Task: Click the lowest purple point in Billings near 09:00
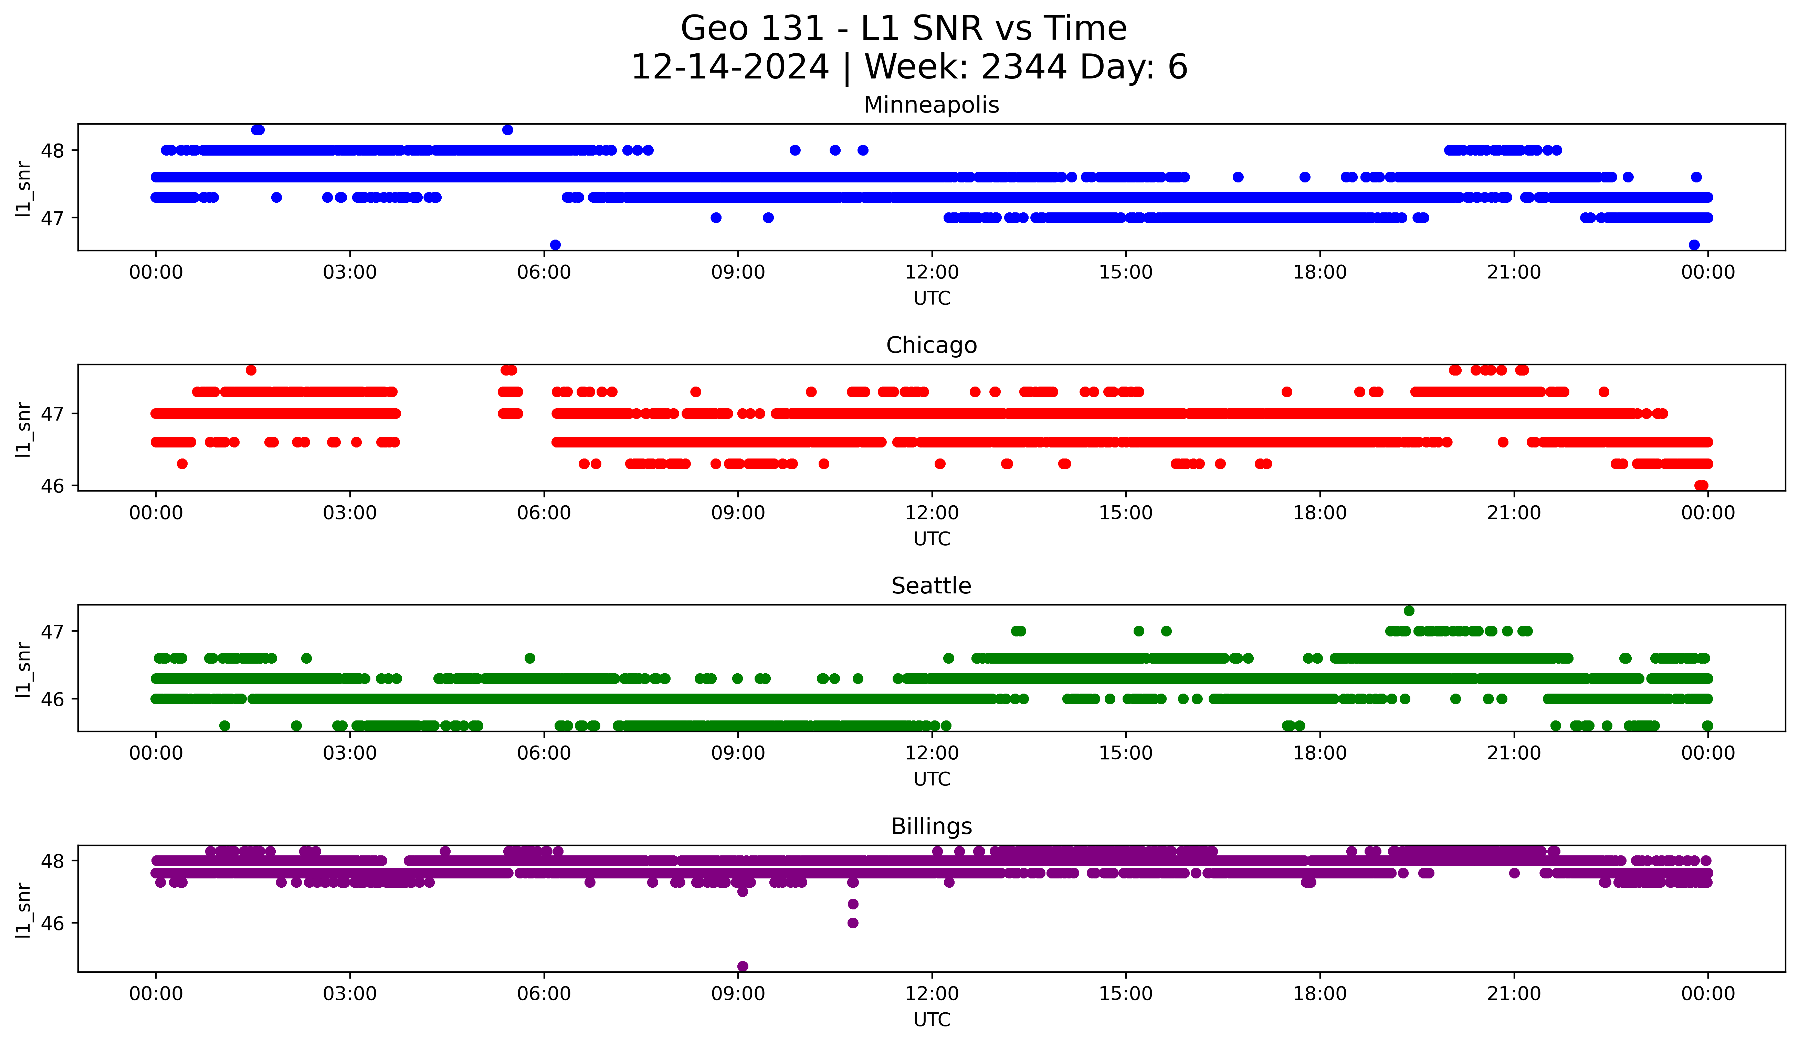[x=743, y=966]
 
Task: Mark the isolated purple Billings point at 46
[x=852, y=923]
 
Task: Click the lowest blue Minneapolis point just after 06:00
[x=555, y=245]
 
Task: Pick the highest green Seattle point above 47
[x=1409, y=611]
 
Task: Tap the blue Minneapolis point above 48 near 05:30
[x=507, y=130]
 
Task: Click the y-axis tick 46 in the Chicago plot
[x=52, y=486]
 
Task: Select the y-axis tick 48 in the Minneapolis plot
[x=52, y=150]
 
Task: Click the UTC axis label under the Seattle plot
[x=932, y=779]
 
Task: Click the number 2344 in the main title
[x=1024, y=67]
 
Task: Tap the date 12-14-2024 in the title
[x=729, y=67]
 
